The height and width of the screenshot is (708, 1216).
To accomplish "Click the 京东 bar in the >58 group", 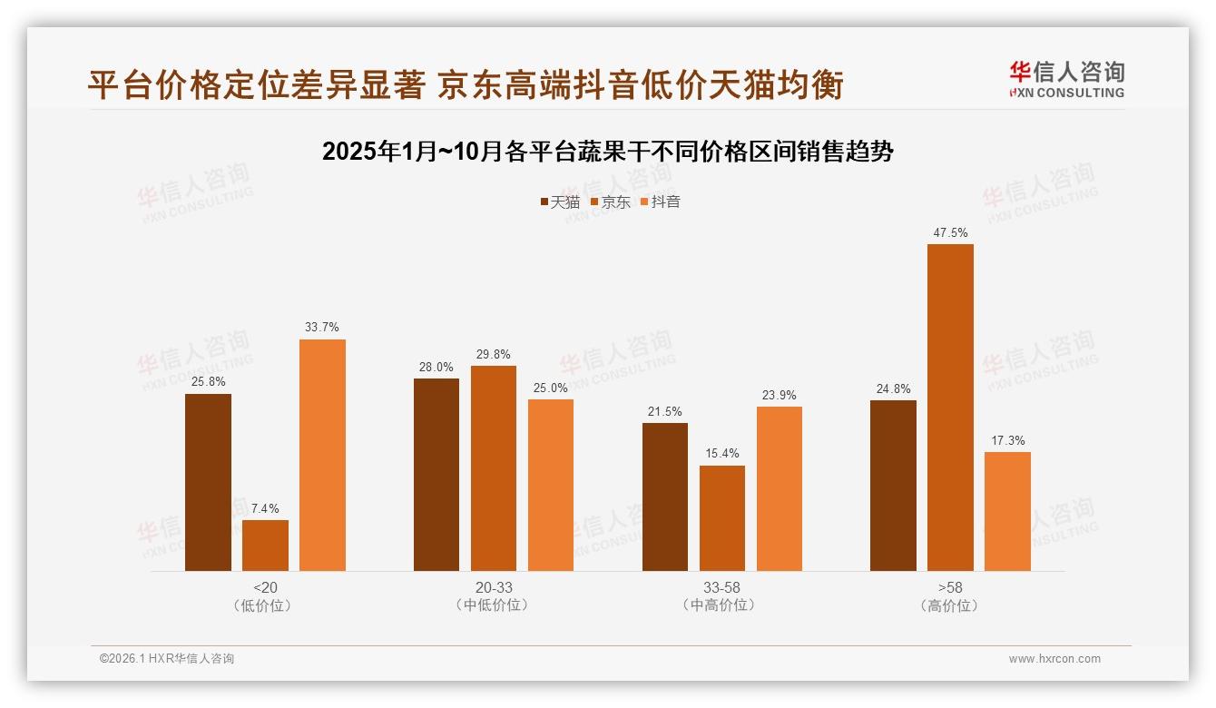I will pos(950,408).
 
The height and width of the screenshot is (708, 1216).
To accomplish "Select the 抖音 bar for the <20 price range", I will pos(322,455).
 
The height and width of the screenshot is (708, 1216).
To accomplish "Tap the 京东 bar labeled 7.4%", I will pos(265,546).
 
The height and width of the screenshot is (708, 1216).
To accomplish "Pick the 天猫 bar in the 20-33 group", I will pos(436,475).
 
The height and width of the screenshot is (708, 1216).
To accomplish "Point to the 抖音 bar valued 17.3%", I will pos(1007,511).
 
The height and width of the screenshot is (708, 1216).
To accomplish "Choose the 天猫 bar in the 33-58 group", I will pos(665,497).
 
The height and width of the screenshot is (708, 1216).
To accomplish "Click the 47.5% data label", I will pos(950,233).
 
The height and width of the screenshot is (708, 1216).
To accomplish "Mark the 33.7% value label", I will pos(322,328).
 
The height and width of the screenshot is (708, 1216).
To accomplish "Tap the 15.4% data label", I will pos(722,454).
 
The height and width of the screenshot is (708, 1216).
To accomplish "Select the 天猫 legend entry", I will pos(560,202).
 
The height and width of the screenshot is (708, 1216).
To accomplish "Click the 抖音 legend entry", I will pos(661,202).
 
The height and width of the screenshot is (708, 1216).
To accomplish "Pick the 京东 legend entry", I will pos(611,202).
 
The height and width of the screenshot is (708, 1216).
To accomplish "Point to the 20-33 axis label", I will pos(494,588).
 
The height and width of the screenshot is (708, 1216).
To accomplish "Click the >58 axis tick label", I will pos(950,588).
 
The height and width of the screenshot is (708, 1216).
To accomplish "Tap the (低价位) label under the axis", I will pos(265,605).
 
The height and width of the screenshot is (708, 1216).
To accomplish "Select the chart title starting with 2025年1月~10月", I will pos(608,152).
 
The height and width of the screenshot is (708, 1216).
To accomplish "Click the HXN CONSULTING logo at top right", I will pos(1067,79).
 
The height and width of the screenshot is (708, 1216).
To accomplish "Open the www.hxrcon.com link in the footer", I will pos(1054,659).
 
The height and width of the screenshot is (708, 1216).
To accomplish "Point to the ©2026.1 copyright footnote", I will pos(167,659).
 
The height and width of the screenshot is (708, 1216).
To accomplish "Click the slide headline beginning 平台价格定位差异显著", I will pos(466,84).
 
